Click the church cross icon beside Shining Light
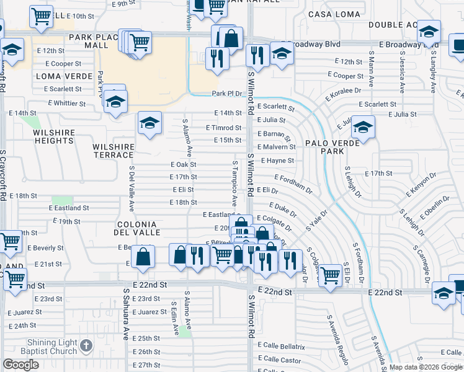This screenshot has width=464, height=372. pyautogui.click(x=86, y=344)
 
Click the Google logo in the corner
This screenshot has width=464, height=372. pyautogui.click(x=20, y=365)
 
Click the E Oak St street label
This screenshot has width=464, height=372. pyautogui.click(x=183, y=164)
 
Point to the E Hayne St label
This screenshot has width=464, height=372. pyautogui.click(x=277, y=161)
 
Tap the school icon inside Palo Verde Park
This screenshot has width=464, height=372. pyautogui.click(x=363, y=127)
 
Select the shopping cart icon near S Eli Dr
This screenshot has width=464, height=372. pyautogui.click(x=330, y=273)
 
